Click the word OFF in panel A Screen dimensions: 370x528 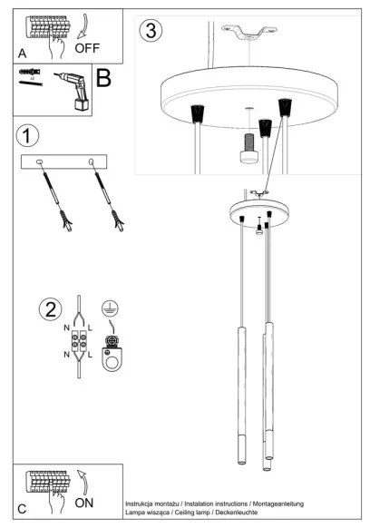[x=87, y=48]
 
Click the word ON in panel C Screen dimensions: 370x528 [x=84, y=503]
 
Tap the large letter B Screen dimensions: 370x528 [x=103, y=78]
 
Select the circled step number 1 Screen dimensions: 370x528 [x=27, y=136]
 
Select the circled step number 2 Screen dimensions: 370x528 [x=51, y=309]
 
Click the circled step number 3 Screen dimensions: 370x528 [x=151, y=30]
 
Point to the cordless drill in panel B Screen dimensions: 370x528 [x=73, y=90]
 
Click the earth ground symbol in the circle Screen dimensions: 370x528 [x=110, y=308]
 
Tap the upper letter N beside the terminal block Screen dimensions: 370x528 [x=67, y=328]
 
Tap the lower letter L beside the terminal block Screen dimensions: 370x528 [x=90, y=355]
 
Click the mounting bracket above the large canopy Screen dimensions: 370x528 [x=249, y=33]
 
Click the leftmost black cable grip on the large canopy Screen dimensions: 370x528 [x=198, y=113]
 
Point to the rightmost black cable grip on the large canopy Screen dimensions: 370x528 [x=285, y=107]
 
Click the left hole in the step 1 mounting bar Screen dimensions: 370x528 [x=39, y=162]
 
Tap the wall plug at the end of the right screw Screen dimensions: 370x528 [x=119, y=220]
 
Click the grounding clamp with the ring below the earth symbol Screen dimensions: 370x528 [x=112, y=353]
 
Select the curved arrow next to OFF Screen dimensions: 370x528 [x=83, y=27]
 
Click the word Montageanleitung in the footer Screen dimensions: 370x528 [x=278, y=504]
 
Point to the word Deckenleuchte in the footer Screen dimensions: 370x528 [x=237, y=513]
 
